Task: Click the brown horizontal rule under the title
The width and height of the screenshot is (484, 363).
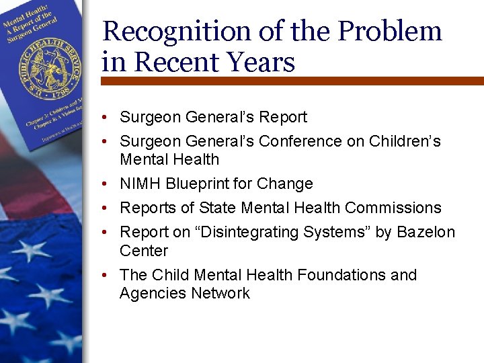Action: (292, 80)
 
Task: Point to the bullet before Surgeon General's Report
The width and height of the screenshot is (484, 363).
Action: (107, 117)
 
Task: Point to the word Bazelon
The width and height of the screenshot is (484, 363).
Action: (426, 232)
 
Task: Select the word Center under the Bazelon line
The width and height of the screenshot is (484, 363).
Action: (144, 251)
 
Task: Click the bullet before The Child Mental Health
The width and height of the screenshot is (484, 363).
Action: (107, 275)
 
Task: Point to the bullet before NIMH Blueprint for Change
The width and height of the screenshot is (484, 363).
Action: (107, 184)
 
